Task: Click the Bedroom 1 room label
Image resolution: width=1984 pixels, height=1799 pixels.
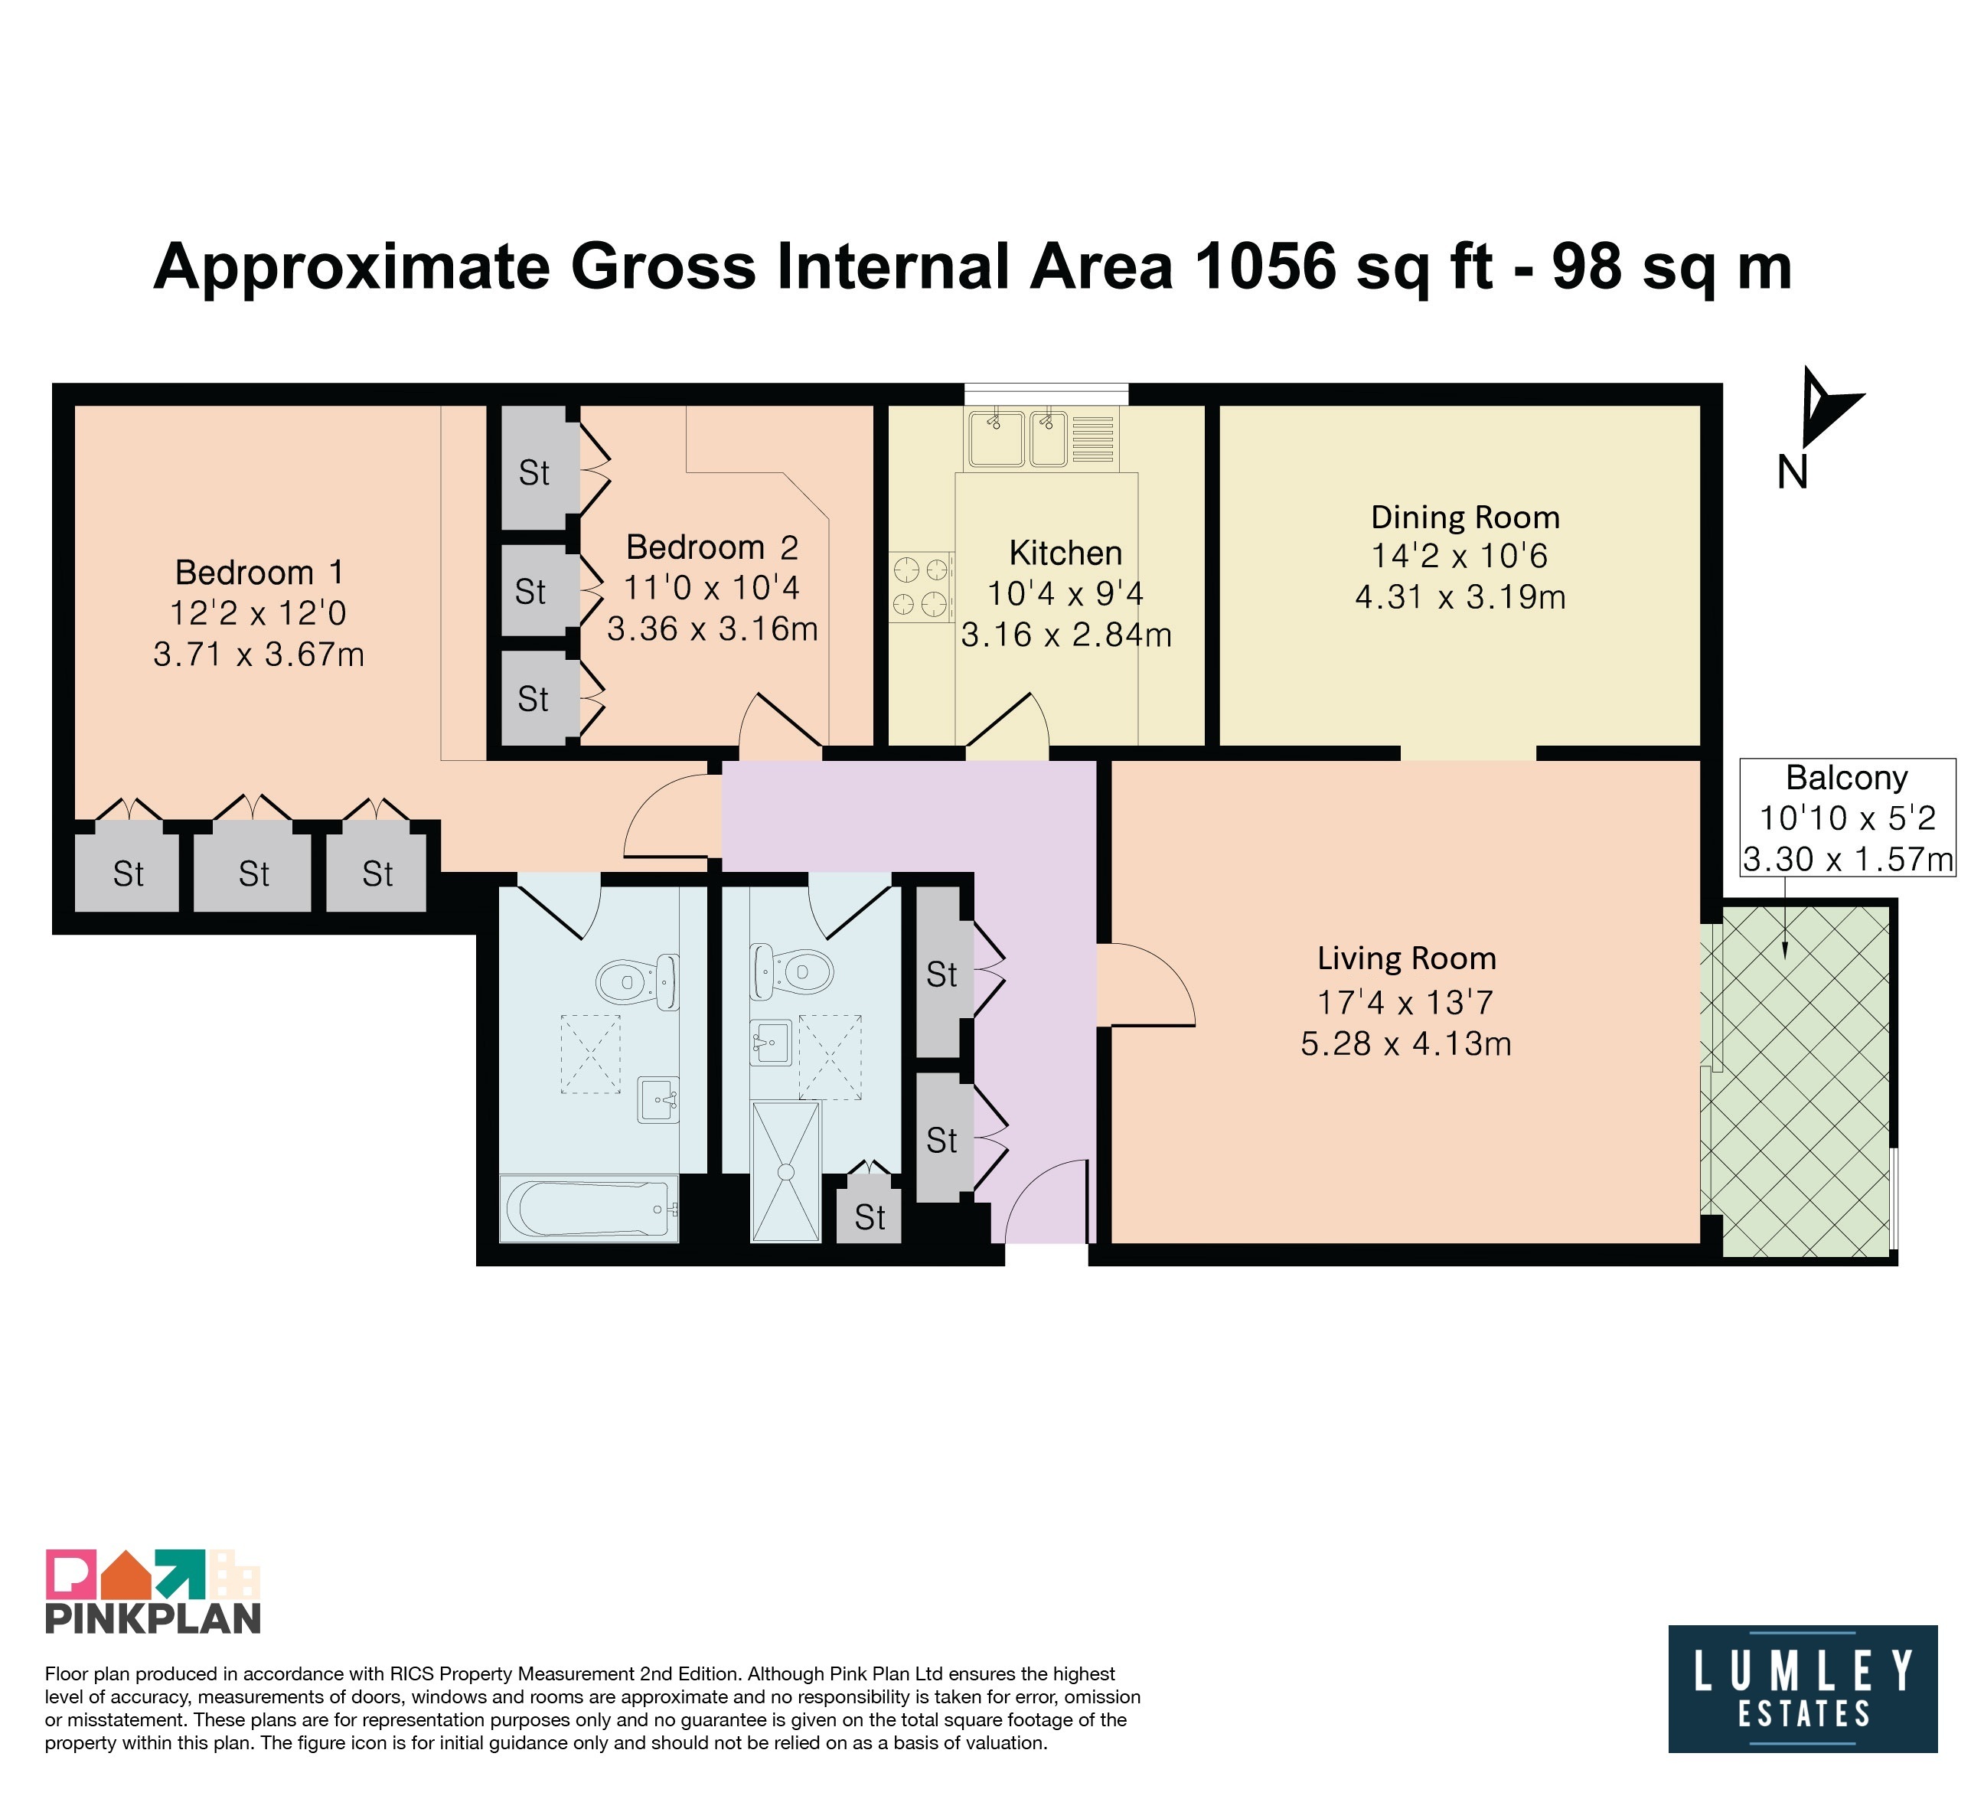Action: [x=259, y=573]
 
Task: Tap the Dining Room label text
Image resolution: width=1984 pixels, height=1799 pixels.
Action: [x=1465, y=517]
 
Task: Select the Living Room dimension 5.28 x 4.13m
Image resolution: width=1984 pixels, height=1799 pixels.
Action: [x=1405, y=1044]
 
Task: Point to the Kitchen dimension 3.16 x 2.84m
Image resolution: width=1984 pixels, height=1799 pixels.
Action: [x=1065, y=635]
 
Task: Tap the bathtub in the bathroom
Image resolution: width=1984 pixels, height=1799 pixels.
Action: [x=589, y=1209]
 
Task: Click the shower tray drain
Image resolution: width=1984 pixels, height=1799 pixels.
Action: [x=786, y=1172]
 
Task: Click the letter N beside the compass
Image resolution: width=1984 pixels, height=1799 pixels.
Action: [x=1792, y=473]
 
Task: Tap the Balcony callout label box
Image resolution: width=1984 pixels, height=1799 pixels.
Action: [x=1847, y=818]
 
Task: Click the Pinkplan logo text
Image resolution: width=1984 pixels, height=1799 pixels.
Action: [x=154, y=1619]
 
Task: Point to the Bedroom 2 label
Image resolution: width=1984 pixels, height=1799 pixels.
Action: [x=712, y=547]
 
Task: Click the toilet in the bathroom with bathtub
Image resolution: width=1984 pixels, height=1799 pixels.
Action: [x=638, y=980]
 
